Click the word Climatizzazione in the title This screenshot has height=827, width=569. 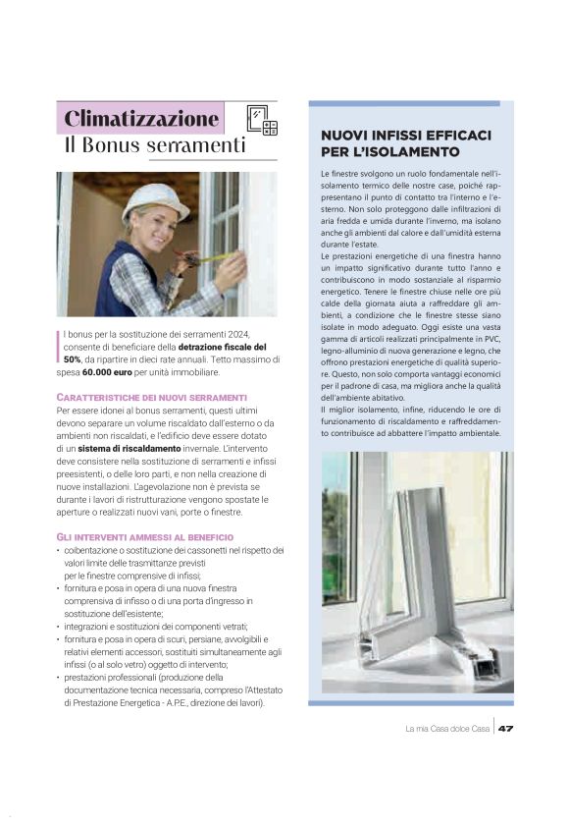(x=140, y=119)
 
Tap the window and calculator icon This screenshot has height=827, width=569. (x=262, y=120)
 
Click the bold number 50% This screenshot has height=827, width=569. (x=72, y=359)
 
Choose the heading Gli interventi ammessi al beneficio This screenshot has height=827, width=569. (x=144, y=537)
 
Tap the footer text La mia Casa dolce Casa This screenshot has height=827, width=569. (x=447, y=728)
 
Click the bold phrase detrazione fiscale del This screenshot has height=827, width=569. (x=222, y=347)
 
